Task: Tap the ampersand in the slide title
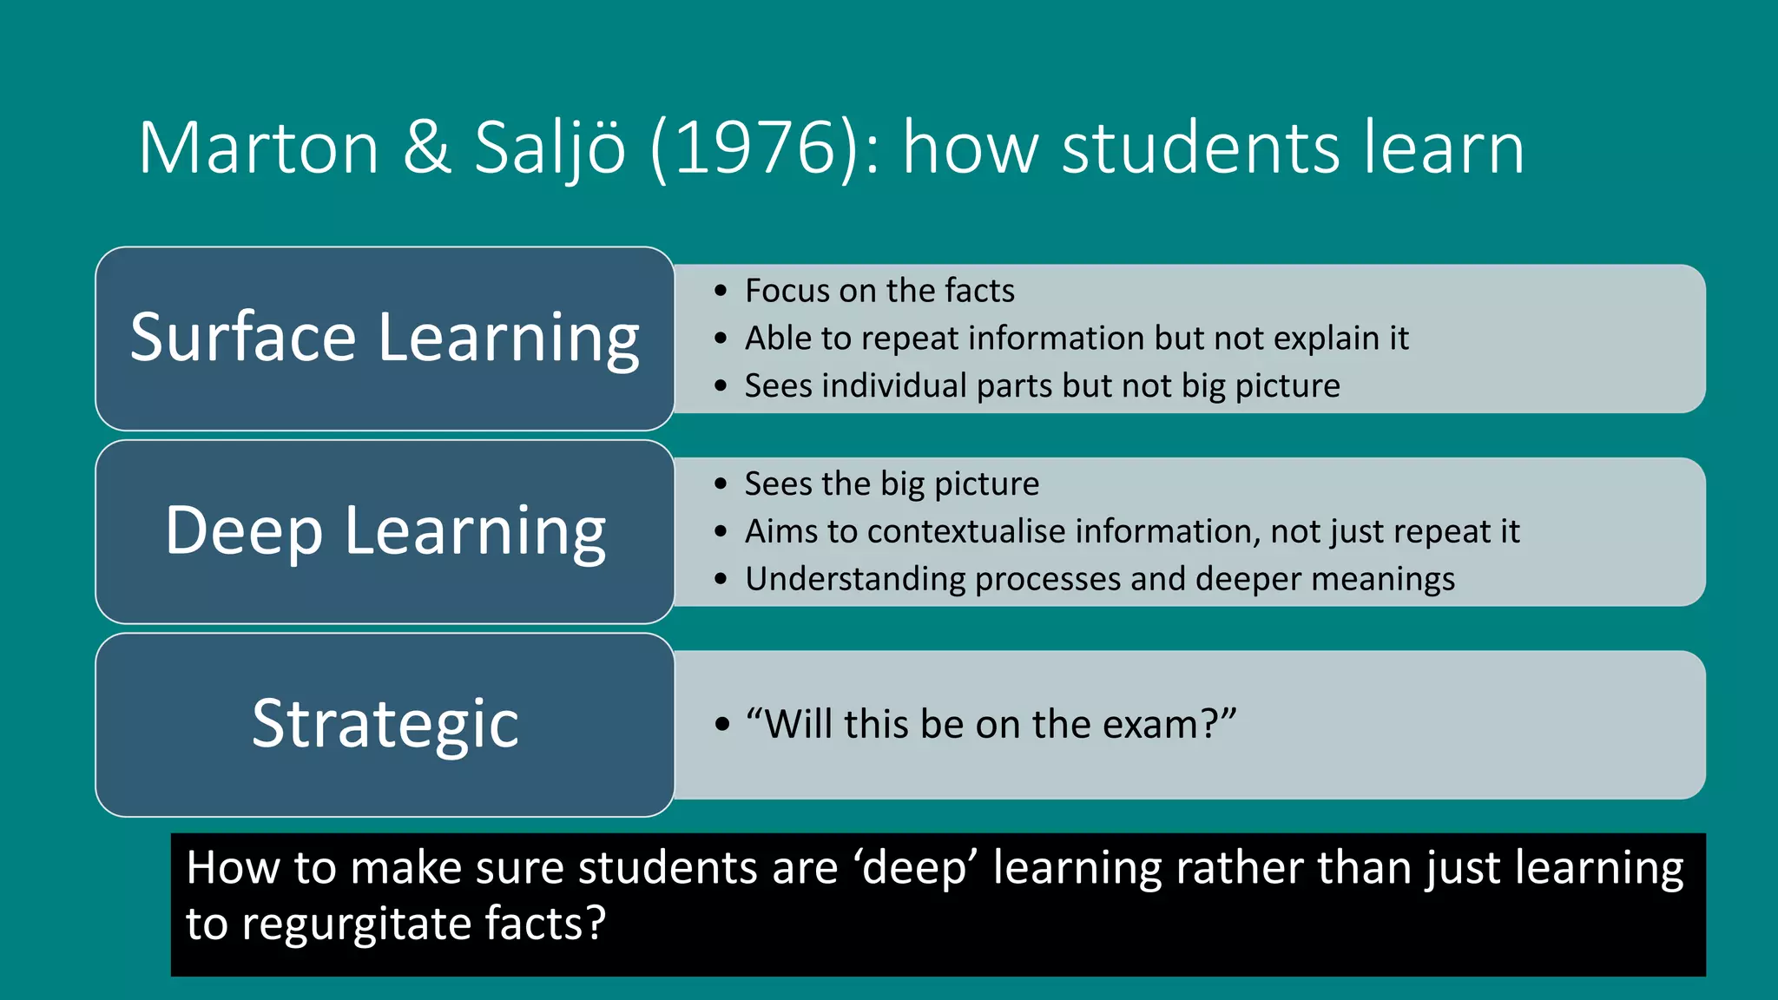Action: [426, 148]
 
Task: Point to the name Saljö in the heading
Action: [550, 148]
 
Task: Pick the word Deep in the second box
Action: [244, 530]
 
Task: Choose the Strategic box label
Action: [385, 723]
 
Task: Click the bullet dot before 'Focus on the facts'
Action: [721, 291]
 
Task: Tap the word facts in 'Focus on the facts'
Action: [979, 291]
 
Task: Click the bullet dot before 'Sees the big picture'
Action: [721, 484]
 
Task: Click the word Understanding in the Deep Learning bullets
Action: [855, 579]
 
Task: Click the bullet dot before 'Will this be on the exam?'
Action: [721, 724]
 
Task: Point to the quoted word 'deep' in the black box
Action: [915, 868]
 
